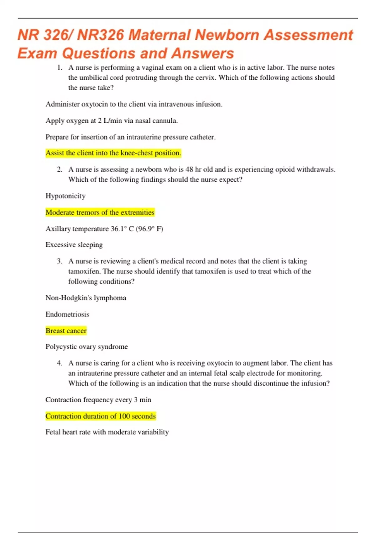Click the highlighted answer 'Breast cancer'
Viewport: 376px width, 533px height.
[66, 331]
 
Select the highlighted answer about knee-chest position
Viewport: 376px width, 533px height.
[113, 153]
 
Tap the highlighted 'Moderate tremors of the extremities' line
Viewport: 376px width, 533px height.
[100, 212]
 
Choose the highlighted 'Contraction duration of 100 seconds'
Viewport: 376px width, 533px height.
[101, 416]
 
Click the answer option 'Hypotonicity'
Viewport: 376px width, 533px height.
[65, 196]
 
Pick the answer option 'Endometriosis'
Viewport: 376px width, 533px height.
[67, 314]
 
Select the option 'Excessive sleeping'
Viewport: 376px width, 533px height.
[74, 245]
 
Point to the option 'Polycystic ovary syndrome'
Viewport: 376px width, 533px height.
[86, 346]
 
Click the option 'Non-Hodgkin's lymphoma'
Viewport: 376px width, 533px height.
[86, 298]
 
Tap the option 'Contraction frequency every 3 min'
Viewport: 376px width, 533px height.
[98, 400]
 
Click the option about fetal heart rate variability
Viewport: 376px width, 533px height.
[107, 432]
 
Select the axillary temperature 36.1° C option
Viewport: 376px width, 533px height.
[104, 229]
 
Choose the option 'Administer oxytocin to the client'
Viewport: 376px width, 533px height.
[134, 104]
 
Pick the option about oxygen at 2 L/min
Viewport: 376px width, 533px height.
[112, 121]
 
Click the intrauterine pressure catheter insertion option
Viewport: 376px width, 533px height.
[130, 137]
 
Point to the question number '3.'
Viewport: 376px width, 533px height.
[60, 261]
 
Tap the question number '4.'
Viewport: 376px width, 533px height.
[60, 363]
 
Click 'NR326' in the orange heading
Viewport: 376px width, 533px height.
[101, 35]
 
